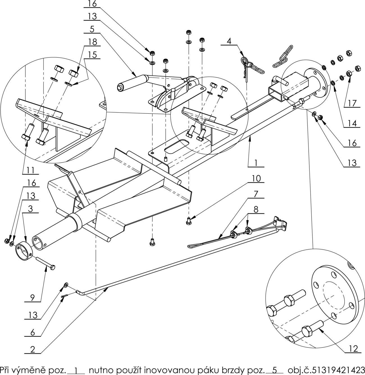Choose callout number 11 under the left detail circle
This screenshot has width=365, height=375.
30,170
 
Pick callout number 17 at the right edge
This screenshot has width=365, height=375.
352,103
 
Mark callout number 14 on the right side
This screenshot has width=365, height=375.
352,124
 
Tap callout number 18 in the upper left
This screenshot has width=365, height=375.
93,42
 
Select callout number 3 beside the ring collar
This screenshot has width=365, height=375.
30,210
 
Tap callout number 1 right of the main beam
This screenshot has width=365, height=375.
256,163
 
